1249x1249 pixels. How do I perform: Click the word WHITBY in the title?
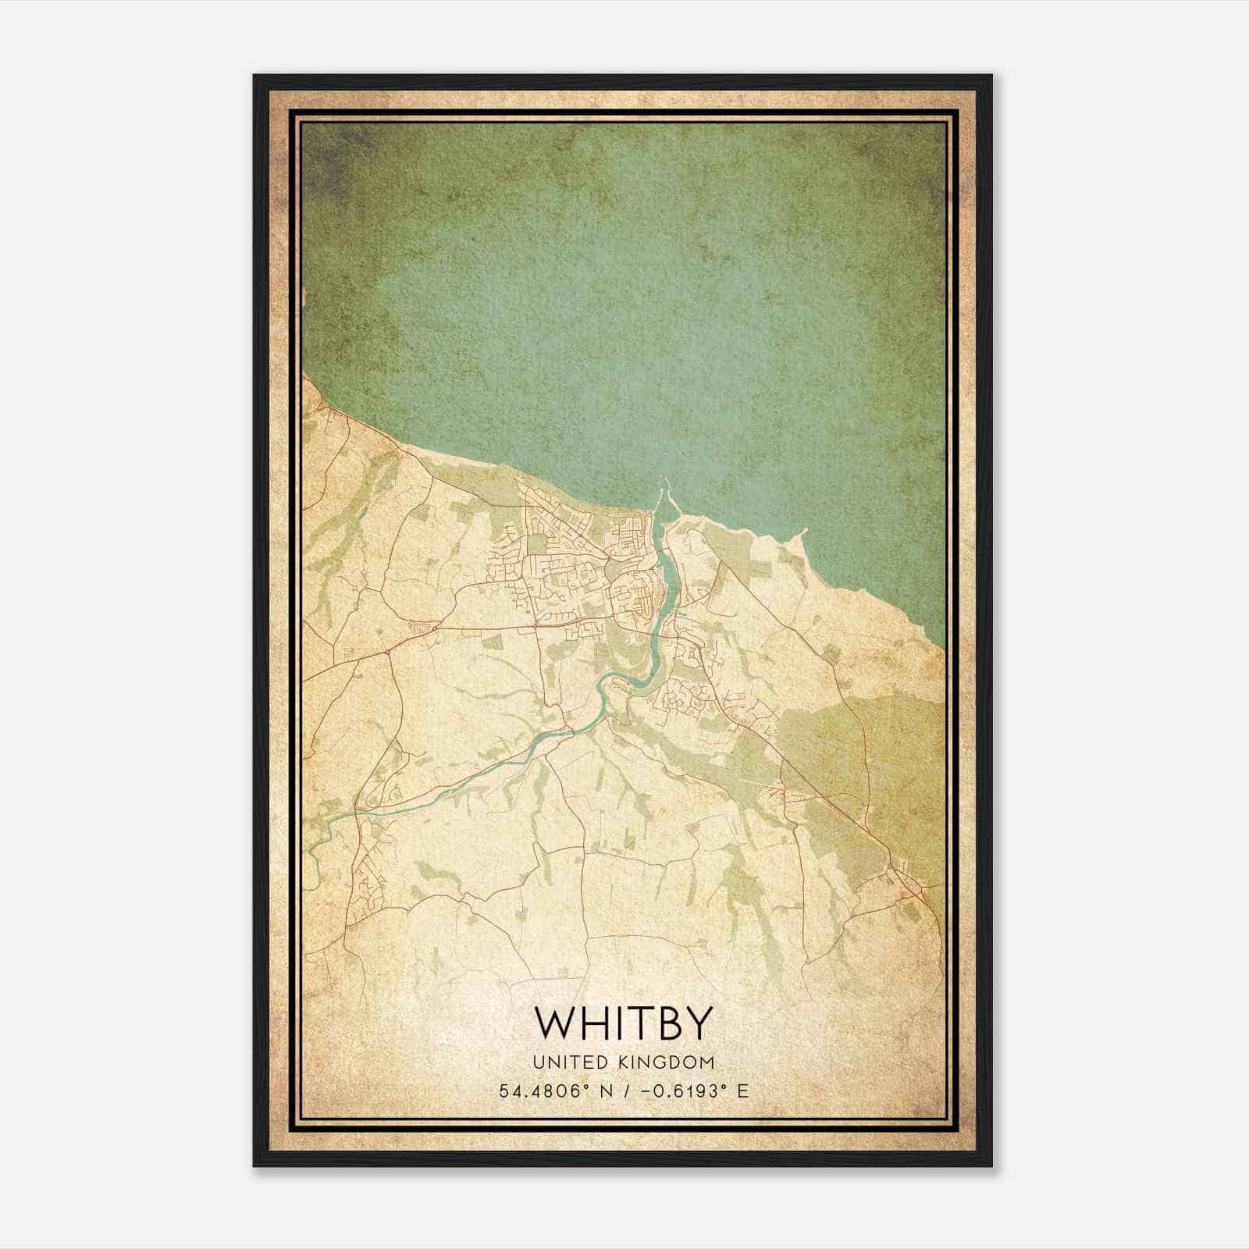[623, 1023]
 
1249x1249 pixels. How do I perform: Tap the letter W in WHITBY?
[555, 1023]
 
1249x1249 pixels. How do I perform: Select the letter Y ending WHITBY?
[699, 1023]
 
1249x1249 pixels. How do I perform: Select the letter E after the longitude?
[742, 1091]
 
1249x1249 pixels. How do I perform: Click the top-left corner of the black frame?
[254, 76]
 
